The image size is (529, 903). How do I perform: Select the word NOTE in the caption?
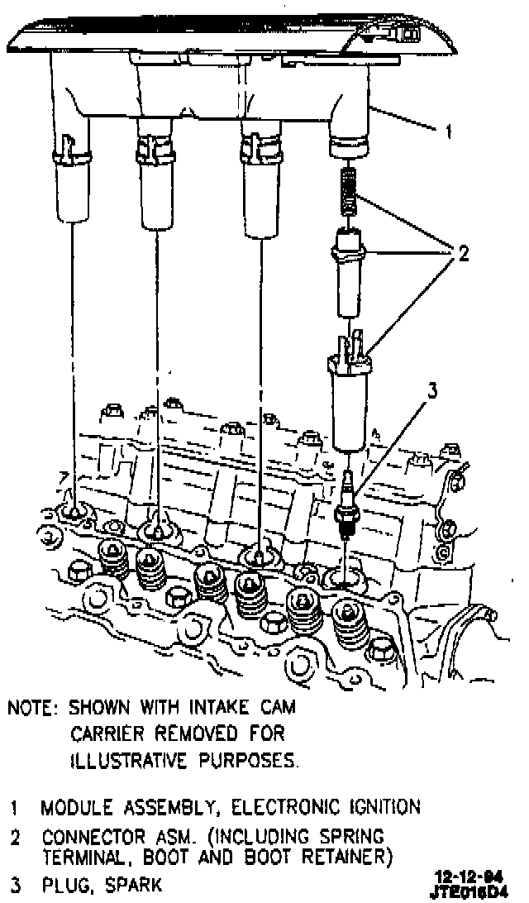coord(33,709)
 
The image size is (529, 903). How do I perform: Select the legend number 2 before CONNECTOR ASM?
coord(15,837)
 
